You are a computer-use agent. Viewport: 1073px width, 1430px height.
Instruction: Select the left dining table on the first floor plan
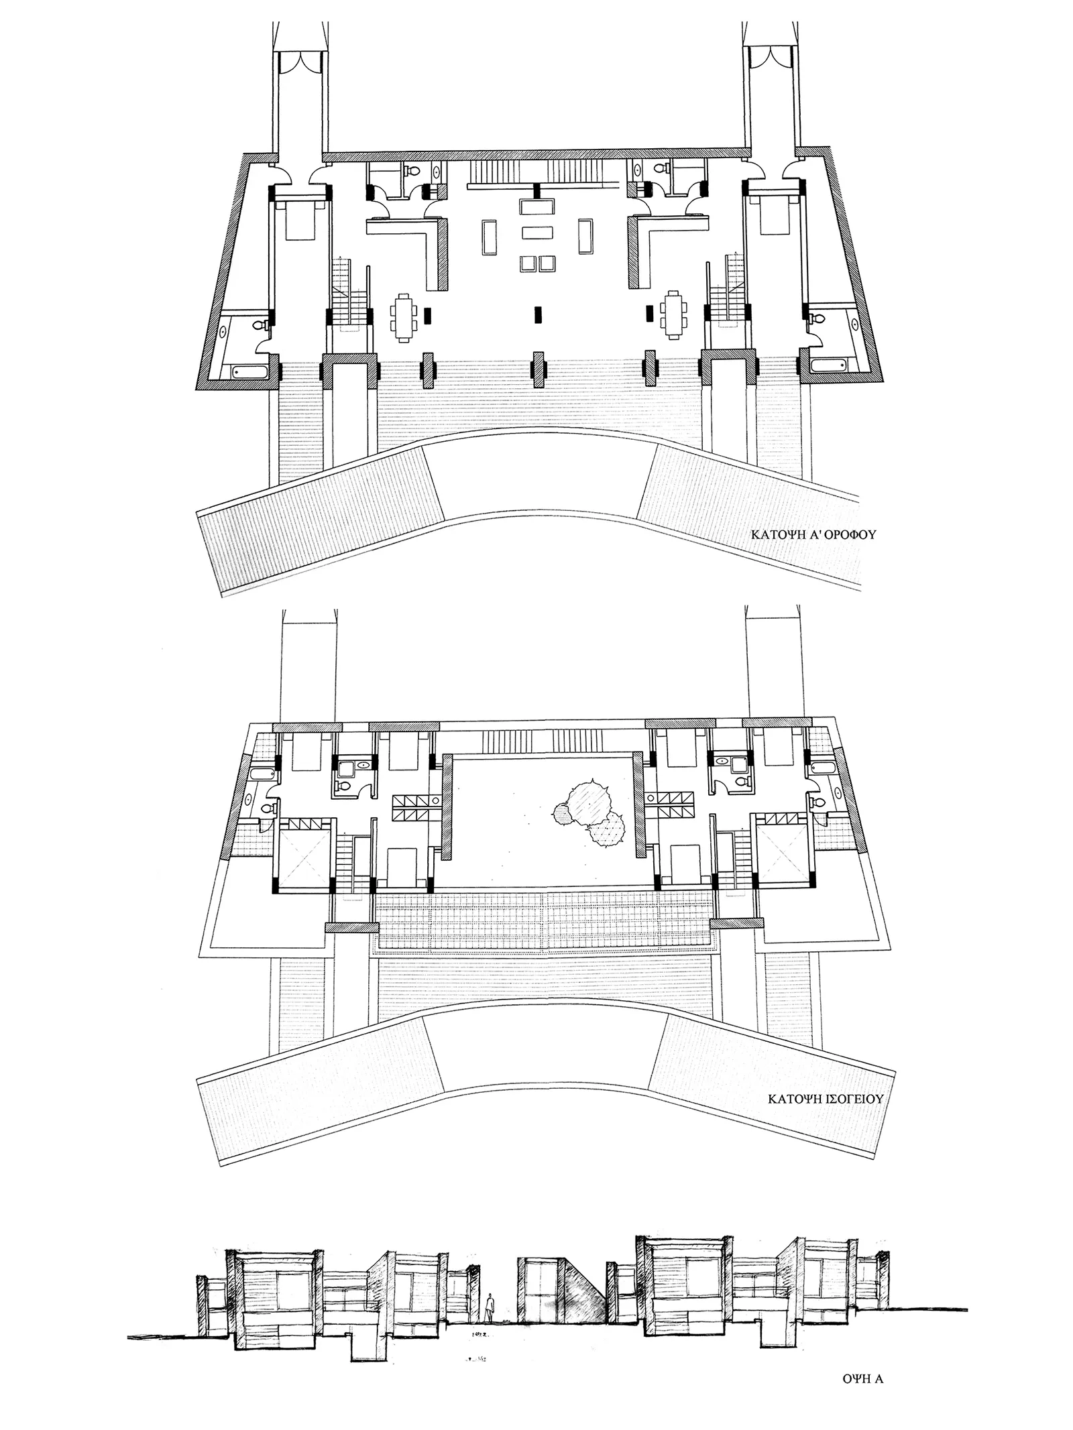click(404, 313)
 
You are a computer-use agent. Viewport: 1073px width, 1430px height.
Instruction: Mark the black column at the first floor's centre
click(536, 313)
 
